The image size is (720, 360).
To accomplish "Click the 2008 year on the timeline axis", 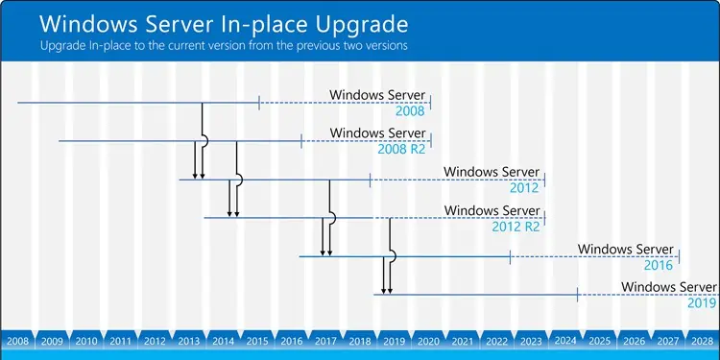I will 17,341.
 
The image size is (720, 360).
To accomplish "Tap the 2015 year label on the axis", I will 257,341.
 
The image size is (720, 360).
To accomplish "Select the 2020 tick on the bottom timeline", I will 428,341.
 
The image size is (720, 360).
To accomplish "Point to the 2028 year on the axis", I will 702,341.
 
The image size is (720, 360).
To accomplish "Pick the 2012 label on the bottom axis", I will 155,341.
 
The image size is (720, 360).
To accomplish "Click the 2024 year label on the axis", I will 565,341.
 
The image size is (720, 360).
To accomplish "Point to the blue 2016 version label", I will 660,264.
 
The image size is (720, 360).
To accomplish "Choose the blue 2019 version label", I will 702,302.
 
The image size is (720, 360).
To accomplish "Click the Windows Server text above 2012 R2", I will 492,210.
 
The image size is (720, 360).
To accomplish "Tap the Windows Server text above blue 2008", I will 377,95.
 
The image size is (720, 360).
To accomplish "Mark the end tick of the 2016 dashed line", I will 679,256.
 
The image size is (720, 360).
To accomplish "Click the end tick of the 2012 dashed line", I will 544,180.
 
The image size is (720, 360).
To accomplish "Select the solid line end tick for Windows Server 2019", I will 577,295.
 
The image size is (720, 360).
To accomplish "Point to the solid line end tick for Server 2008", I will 260,103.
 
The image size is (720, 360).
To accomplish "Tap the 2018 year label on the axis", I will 360,341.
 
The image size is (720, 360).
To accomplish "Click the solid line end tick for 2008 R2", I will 302,141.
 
